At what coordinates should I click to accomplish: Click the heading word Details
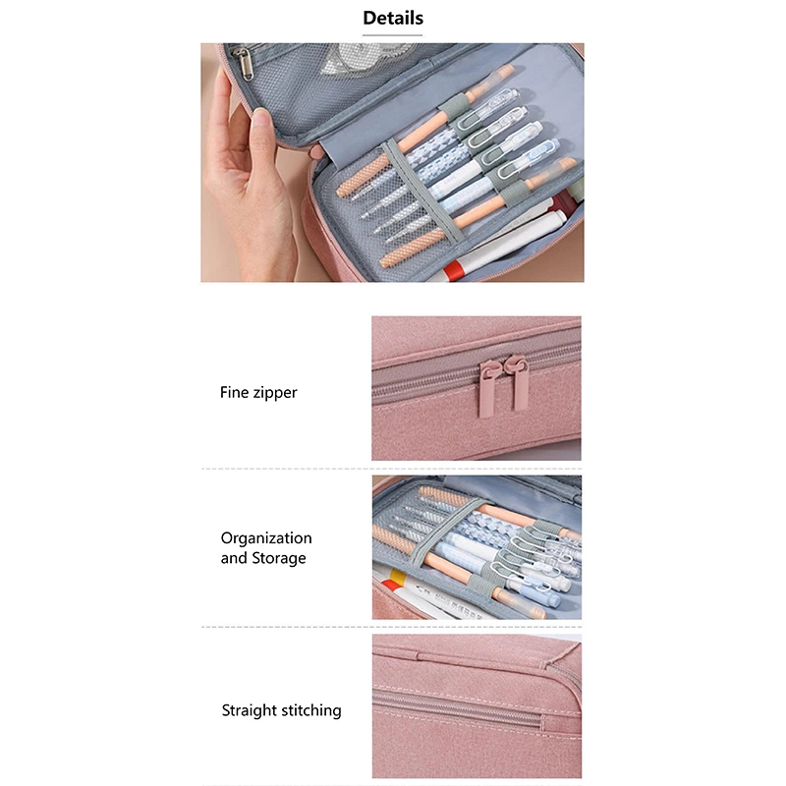(x=393, y=18)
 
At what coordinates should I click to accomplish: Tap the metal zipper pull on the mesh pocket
(x=245, y=65)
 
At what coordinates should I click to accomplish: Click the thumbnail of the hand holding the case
(x=392, y=162)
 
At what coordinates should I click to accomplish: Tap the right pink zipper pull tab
(x=519, y=384)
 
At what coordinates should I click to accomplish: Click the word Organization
(x=266, y=538)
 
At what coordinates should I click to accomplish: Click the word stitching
(x=311, y=710)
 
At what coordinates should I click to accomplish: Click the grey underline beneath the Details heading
(x=392, y=35)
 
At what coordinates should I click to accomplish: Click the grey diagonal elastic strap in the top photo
(x=422, y=192)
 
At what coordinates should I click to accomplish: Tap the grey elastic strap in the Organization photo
(x=449, y=531)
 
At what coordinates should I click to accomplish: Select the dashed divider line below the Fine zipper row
(x=392, y=469)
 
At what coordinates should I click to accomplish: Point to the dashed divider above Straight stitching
(x=392, y=627)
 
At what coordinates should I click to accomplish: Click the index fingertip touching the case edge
(x=260, y=120)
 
